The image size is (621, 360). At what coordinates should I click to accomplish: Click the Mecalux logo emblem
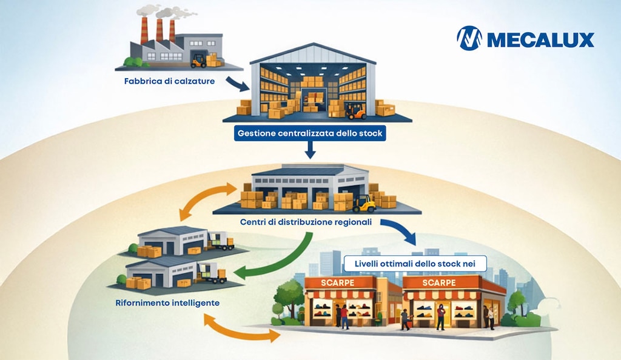tap(469, 38)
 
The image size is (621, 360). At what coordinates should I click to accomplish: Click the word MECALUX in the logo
tap(540, 40)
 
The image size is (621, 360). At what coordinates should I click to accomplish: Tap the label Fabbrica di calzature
tap(170, 81)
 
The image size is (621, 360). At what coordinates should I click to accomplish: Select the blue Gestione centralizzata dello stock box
tap(310, 133)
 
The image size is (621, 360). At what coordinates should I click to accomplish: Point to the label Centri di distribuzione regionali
tap(306, 222)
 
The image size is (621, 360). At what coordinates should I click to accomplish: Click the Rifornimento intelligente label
tap(167, 303)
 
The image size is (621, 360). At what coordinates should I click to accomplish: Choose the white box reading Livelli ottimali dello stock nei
tap(415, 264)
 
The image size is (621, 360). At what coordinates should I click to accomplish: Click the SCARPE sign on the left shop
tap(337, 283)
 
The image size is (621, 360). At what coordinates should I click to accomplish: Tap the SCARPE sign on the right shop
tap(439, 283)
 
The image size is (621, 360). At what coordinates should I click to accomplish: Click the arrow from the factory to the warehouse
tap(237, 84)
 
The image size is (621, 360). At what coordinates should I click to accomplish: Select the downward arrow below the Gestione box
tap(310, 150)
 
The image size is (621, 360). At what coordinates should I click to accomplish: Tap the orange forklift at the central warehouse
tap(355, 111)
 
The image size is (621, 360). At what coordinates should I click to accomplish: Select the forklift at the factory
tap(199, 61)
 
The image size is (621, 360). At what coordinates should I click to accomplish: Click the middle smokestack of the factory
tap(159, 30)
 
